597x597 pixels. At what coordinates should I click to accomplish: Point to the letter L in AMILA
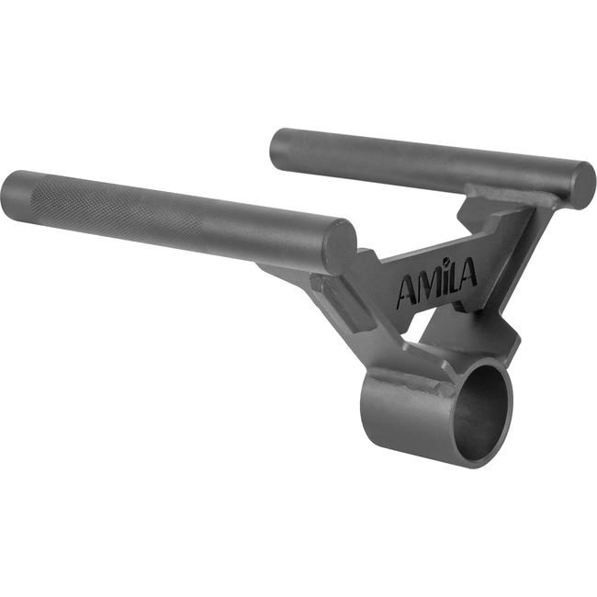click(x=455, y=276)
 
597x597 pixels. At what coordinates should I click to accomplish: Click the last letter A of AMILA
click(x=469, y=272)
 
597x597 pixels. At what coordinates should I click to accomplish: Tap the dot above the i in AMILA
click(x=448, y=262)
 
